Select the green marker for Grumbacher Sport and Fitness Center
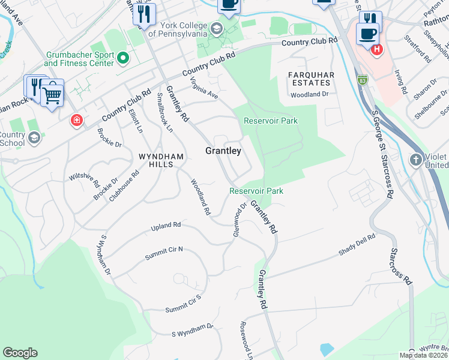coord(124,58)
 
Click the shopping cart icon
coord(52,94)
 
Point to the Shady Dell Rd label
coord(357,245)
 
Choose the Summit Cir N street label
coord(163,253)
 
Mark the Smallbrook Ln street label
coord(164,112)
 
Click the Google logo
coord(20,353)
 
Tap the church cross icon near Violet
coord(415,160)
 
